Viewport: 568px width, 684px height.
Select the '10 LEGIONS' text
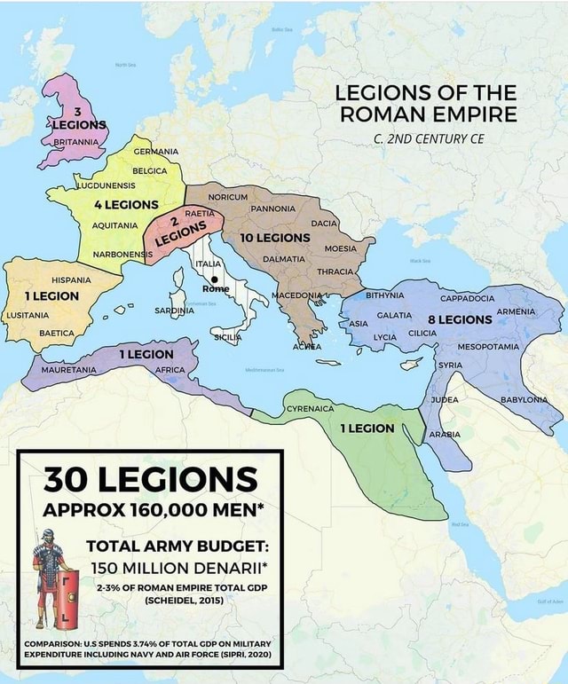(x=274, y=238)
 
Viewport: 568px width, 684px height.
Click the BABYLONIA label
(x=529, y=399)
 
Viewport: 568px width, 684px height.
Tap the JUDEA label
(x=444, y=400)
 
